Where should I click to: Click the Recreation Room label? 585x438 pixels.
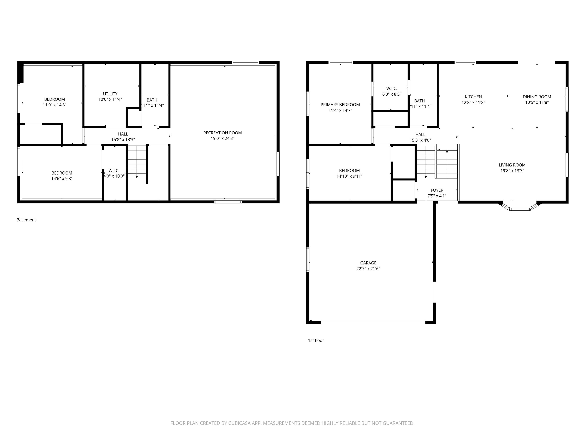222,133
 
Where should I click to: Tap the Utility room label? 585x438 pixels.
110,94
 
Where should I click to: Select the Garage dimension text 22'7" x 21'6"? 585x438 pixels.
368,268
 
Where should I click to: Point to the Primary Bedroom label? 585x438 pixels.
340,105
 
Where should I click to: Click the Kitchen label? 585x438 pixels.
473,97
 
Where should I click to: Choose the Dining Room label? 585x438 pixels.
537,97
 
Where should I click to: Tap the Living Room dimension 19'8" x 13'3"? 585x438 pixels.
512,171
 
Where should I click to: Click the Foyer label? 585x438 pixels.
437,190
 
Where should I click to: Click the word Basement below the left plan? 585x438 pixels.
26,220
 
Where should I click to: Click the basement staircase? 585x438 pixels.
137,161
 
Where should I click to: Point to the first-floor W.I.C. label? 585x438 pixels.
392,88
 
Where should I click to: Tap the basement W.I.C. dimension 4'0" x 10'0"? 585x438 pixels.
114,176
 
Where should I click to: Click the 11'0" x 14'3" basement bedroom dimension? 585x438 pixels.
54,105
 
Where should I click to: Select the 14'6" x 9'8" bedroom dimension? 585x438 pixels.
62,179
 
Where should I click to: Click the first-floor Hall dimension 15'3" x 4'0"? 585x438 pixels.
420,140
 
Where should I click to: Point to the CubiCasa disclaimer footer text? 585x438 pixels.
292,423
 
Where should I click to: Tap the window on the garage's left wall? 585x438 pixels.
308,259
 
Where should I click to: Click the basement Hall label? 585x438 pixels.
123,134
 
